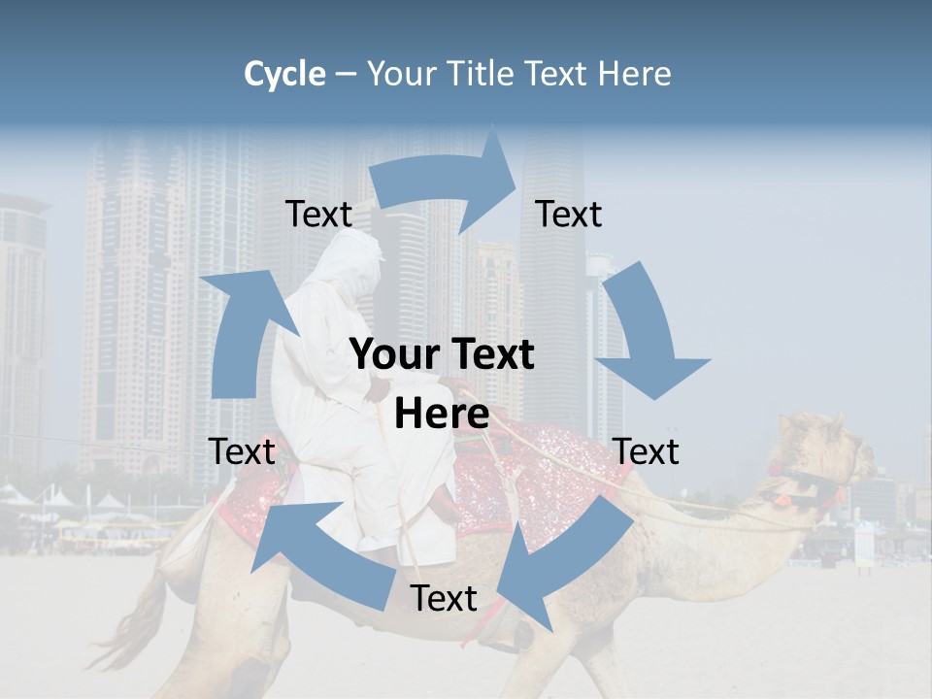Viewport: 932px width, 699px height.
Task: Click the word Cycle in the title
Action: pos(284,74)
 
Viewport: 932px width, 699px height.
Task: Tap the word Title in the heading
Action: pos(478,74)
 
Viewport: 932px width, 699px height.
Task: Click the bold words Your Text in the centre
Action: pos(442,355)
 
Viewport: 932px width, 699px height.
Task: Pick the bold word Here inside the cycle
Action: pos(442,415)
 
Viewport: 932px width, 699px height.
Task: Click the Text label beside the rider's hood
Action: pos(318,215)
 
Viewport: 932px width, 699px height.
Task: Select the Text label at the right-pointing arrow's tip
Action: pos(569,215)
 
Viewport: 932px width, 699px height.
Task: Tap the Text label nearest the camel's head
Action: pos(647,451)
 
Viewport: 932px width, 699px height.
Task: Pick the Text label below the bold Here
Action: pos(444,599)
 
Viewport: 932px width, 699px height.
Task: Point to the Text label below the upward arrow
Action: pos(242,451)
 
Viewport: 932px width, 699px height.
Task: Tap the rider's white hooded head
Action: pos(351,267)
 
